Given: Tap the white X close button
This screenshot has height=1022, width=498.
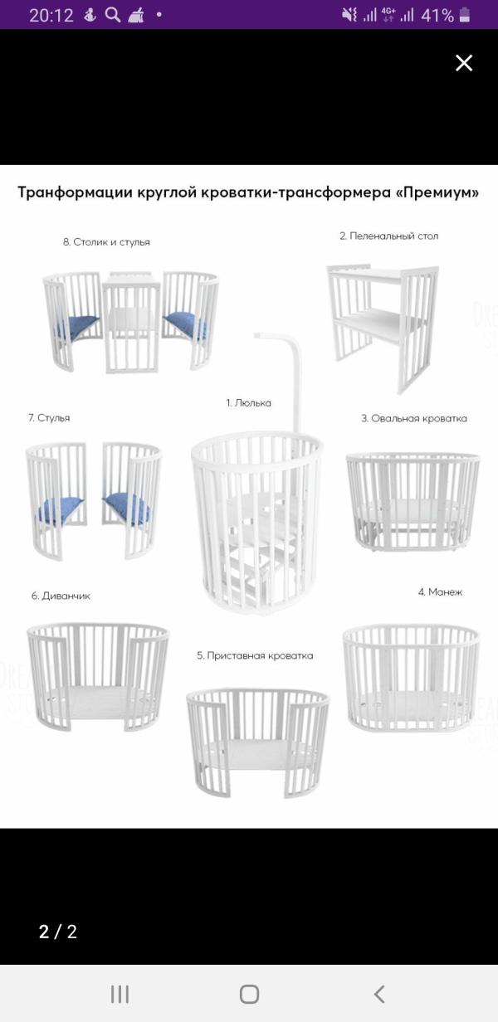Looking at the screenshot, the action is (x=464, y=63).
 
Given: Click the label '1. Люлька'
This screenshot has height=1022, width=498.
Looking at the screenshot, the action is (x=248, y=403).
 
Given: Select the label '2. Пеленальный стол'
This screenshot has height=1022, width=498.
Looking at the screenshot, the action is (x=389, y=236).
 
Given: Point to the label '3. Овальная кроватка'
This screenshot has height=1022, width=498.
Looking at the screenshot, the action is (x=414, y=418).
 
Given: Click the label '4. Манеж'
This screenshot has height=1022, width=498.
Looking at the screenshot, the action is (x=440, y=592).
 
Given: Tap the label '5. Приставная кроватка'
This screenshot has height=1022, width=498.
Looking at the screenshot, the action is (x=255, y=655).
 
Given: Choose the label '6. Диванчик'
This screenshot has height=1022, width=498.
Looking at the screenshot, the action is (x=61, y=596).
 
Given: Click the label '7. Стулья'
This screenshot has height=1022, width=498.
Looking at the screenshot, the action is (x=49, y=418).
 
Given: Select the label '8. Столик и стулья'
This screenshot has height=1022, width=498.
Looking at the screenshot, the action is (x=106, y=242).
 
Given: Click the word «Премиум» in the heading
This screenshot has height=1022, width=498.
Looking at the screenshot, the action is (x=436, y=192).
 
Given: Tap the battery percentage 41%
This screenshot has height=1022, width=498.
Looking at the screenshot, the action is (x=437, y=16).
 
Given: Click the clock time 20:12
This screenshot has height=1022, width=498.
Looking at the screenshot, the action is (x=51, y=16).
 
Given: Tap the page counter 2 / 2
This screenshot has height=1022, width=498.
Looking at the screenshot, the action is (x=58, y=932).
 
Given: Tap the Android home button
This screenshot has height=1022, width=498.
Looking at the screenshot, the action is (x=249, y=994).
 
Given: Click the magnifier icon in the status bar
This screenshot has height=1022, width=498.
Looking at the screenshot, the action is (x=113, y=15).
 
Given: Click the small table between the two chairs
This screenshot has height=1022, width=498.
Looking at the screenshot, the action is (x=131, y=322).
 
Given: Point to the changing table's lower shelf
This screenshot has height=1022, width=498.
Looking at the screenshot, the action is (x=378, y=321).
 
